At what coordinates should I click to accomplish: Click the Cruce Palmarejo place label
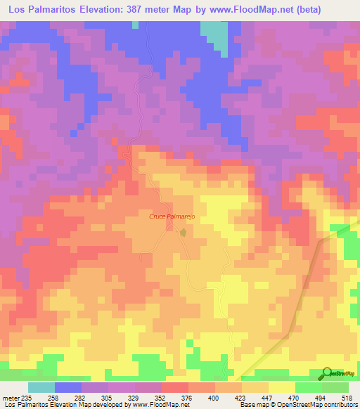171,217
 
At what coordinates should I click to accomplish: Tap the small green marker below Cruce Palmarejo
184,231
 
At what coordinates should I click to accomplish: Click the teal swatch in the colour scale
41,387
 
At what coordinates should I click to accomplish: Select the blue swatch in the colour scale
68,387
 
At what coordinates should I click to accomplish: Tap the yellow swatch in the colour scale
282,387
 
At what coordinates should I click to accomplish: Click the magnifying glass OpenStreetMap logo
326,372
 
